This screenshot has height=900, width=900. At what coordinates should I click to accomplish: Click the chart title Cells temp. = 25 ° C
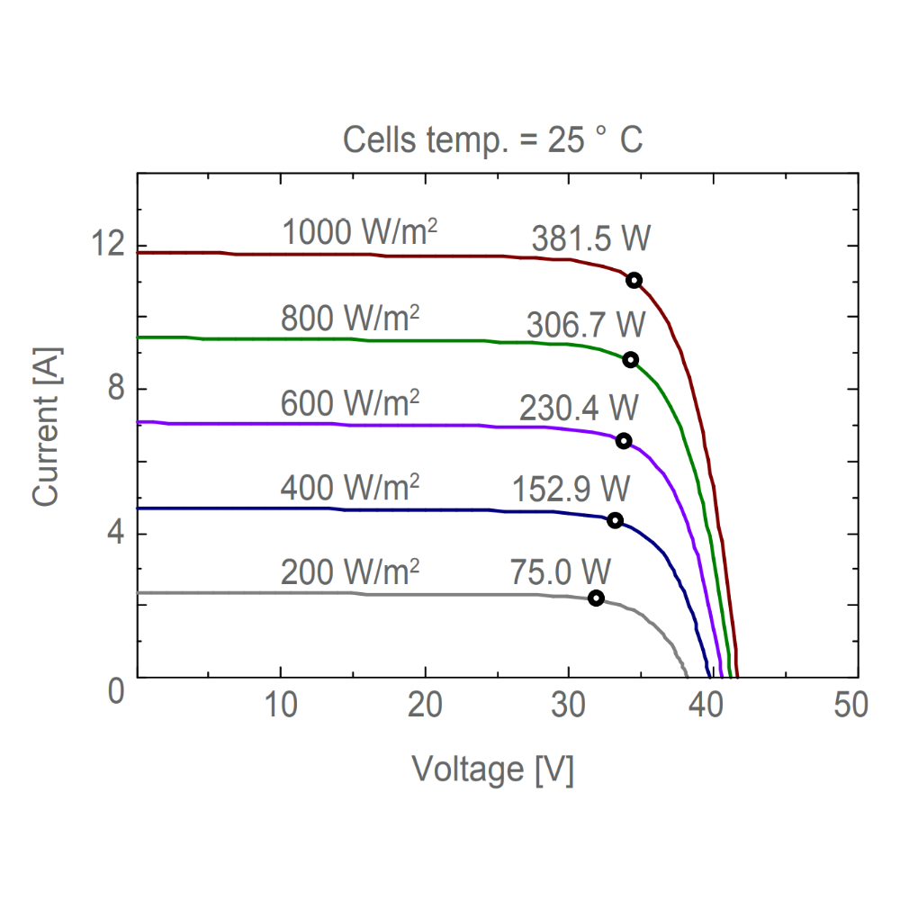(493, 140)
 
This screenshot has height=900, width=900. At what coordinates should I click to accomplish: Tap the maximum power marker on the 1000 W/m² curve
(634, 280)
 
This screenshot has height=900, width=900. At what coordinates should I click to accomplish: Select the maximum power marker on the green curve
(630, 360)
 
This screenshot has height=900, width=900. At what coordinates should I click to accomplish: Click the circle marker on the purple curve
(624, 441)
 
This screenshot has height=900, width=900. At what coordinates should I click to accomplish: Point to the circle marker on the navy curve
(615, 520)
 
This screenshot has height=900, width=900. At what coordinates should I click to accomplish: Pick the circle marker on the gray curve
(596, 598)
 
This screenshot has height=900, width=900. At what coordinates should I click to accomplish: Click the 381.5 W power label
(590, 239)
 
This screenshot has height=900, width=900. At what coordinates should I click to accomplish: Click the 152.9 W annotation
(571, 489)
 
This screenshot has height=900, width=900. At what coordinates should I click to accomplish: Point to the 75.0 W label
(561, 571)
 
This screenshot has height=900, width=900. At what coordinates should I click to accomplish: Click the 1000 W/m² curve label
(359, 232)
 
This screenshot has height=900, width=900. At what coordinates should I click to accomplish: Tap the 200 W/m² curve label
(350, 571)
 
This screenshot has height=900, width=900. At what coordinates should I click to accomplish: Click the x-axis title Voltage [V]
(492, 769)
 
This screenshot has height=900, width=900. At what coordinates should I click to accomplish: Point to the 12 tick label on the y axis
(106, 245)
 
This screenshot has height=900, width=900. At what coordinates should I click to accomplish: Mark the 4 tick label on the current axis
(114, 534)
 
